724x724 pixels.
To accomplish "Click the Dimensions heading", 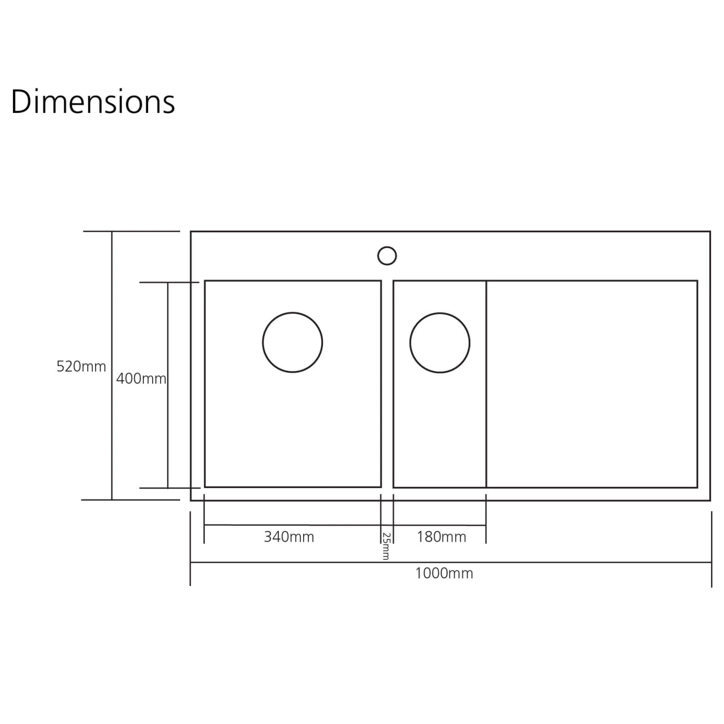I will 93,102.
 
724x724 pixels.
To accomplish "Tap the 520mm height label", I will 81,367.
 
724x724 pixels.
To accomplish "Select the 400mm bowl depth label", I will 141,379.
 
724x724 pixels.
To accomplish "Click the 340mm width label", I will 289,537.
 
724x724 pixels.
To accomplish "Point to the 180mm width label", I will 441,537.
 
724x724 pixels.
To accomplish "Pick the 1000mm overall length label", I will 444,573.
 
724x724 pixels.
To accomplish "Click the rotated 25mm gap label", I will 386,546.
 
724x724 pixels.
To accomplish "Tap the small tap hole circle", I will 387,256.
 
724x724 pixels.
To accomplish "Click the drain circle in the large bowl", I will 292,343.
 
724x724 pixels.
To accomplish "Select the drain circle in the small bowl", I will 440,343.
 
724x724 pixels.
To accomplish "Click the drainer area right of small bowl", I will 592,384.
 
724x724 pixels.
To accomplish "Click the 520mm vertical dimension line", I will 112,434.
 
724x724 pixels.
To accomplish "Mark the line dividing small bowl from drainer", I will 486,410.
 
